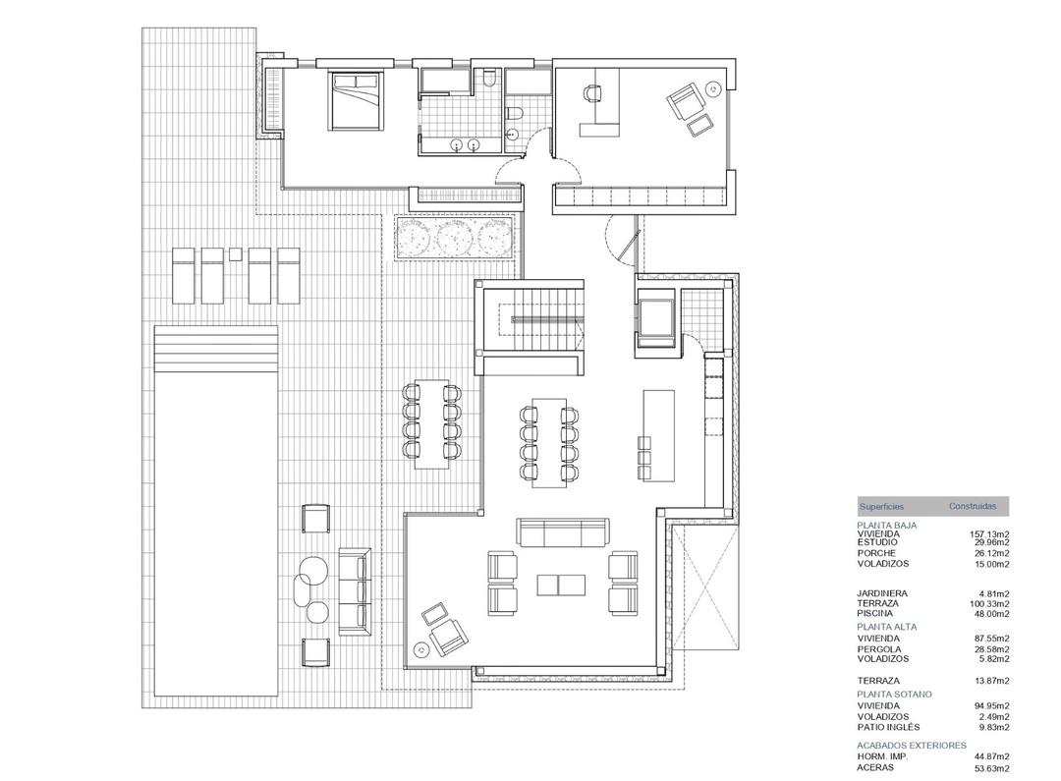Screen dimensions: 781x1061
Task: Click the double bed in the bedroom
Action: (x=355, y=98)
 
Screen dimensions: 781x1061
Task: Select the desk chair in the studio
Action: (x=591, y=93)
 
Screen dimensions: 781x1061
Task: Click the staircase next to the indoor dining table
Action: (x=530, y=321)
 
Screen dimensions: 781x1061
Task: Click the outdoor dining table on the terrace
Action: (x=430, y=423)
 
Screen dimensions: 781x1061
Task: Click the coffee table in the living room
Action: (x=562, y=585)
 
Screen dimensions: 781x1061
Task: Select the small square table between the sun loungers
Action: (x=236, y=254)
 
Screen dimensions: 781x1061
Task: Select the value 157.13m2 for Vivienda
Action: (x=989, y=534)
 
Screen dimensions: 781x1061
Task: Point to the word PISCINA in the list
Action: (x=874, y=613)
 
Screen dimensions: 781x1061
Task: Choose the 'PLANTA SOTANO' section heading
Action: (x=894, y=694)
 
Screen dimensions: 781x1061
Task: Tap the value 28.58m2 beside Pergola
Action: (x=991, y=648)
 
